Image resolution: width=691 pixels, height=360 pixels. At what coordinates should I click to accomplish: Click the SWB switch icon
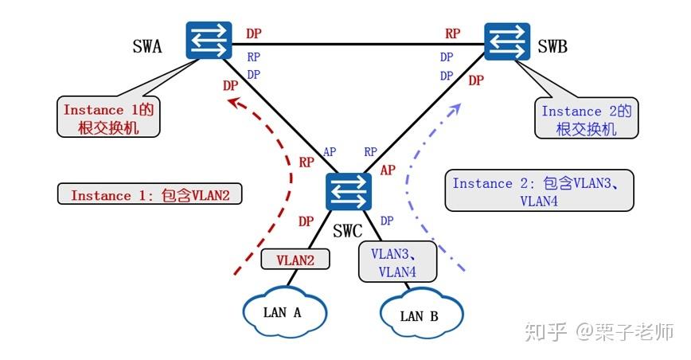[x=508, y=41]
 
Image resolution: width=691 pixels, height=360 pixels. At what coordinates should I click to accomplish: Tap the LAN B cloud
[x=419, y=315]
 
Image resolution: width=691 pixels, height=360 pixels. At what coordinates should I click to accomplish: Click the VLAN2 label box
[x=295, y=259]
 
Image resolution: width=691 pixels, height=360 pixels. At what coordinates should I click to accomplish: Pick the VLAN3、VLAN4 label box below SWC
[x=398, y=262]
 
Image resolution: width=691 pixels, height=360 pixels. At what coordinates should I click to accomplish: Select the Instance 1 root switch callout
[x=108, y=117]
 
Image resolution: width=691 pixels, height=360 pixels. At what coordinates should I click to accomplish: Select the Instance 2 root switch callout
[x=586, y=119]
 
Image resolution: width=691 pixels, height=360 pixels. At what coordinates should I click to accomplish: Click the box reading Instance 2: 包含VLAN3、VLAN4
[x=539, y=191]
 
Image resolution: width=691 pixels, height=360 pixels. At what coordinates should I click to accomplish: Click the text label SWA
[x=146, y=47]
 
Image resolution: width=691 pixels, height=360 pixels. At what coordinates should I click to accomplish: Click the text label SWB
[x=552, y=47]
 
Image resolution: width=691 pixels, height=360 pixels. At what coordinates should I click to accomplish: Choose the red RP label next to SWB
[x=452, y=33]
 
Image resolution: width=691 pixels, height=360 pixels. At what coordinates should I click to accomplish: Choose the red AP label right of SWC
[x=388, y=170]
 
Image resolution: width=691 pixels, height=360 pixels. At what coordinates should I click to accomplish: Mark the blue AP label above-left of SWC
[x=330, y=151]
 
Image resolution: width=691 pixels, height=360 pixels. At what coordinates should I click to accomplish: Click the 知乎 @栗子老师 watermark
[x=598, y=331]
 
